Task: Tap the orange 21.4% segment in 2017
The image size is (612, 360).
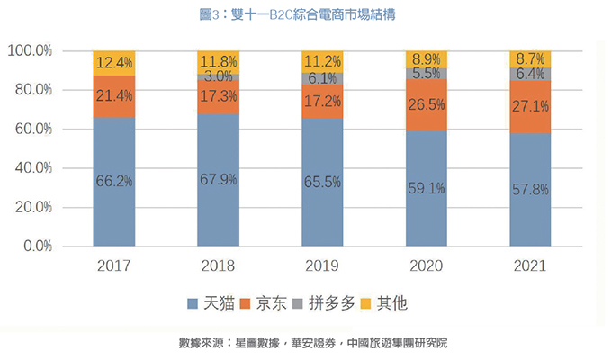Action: [x=113, y=96]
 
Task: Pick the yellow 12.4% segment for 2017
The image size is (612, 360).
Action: [x=113, y=63]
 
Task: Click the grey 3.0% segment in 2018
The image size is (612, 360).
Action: [x=219, y=77]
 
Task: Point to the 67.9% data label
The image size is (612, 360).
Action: [x=219, y=180]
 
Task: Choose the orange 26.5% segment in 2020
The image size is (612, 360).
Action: [x=427, y=105]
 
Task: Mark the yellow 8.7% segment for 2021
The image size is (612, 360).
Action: [x=531, y=59]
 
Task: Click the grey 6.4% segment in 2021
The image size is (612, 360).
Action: [x=531, y=75]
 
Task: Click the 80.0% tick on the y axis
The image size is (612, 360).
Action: [x=31, y=90]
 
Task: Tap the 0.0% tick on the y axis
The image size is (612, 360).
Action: [x=36, y=246]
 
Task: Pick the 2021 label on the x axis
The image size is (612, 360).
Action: [x=531, y=267]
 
